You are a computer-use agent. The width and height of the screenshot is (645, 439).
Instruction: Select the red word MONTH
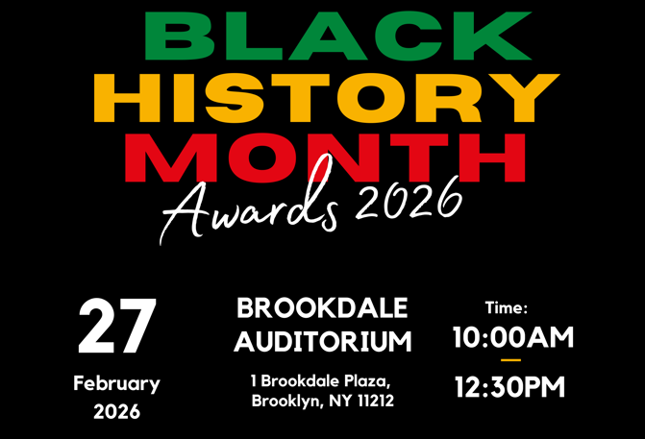pyautogui.click(x=325, y=158)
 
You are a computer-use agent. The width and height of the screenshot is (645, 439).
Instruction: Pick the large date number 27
pyautogui.click(x=116, y=328)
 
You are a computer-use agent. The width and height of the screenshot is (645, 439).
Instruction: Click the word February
pyautogui.click(x=116, y=383)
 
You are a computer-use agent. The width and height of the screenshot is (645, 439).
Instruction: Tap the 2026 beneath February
pyautogui.click(x=116, y=412)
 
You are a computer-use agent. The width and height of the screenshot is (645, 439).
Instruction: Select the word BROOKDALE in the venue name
pyautogui.click(x=322, y=308)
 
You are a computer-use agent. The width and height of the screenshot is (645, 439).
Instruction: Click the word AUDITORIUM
pyautogui.click(x=322, y=341)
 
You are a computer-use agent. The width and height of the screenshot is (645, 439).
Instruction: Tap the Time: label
pyautogui.click(x=507, y=308)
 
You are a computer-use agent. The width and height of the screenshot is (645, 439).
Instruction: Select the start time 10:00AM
pyautogui.click(x=512, y=337)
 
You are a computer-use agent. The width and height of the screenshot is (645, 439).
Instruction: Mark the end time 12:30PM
pyautogui.click(x=509, y=388)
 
